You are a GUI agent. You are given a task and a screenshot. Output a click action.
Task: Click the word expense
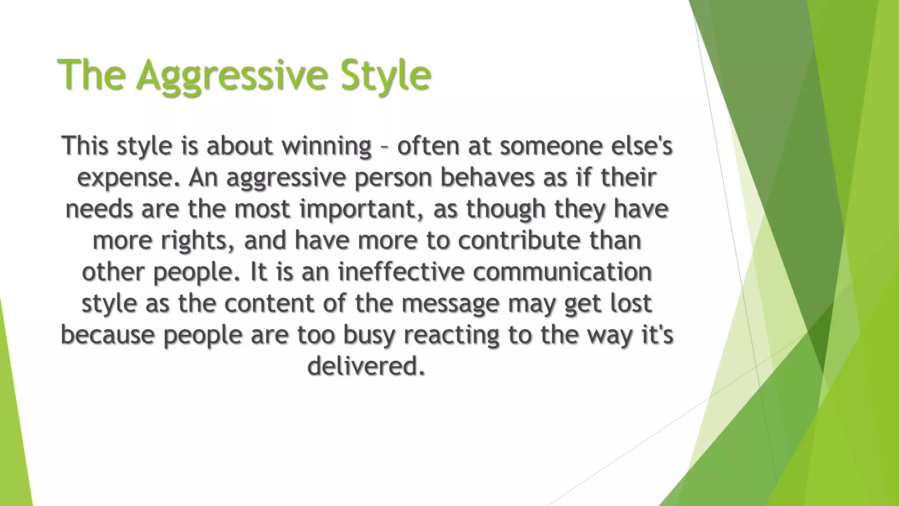click(x=129, y=178)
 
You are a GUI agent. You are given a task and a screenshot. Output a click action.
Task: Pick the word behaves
click(x=487, y=177)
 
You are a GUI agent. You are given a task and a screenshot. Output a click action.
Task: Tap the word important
click(x=358, y=209)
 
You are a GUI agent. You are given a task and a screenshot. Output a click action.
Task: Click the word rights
click(x=198, y=241)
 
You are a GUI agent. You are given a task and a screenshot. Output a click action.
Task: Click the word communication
click(x=562, y=271)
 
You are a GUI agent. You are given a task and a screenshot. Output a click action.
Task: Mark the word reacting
click(x=451, y=335)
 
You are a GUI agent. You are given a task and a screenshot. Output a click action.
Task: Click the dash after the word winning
click(x=384, y=146)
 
